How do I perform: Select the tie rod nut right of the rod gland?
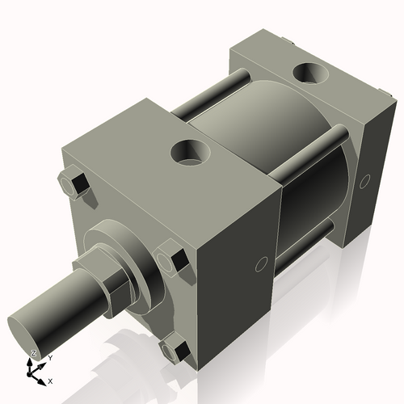tap(172, 261)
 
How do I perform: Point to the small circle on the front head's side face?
tap(261, 264)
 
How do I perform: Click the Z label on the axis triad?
tap(33, 353)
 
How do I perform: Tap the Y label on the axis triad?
tap(49, 357)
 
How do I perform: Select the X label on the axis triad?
tap(51, 380)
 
